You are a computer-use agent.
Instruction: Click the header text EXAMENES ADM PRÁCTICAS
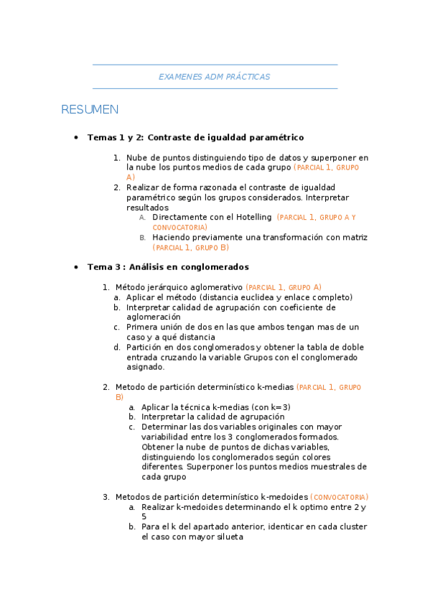pyautogui.click(x=214, y=77)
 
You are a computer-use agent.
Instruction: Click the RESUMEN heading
pyautogui.click(x=90, y=110)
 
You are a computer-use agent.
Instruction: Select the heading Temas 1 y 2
pyautogui.click(x=115, y=137)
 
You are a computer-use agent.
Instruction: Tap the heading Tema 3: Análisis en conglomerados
pyautogui.click(x=168, y=266)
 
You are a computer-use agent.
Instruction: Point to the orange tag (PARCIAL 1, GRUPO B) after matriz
pyautogui.click(x=190, y=248)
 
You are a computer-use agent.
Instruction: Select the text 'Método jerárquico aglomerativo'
pyautogui.click(x=179, y=287)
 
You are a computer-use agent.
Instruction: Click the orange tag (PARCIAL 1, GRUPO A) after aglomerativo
pyautogui.click(x=284, y=287)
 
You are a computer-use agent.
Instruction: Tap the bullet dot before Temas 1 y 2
pyautogui.click(x=75, y=137)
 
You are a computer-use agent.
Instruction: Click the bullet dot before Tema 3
pyautogui.click(x=75, y=266)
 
